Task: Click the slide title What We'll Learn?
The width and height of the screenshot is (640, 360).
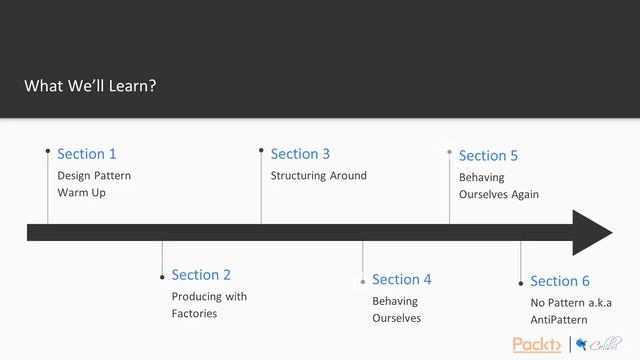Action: [90, 86]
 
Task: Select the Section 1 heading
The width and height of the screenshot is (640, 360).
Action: [87, 154]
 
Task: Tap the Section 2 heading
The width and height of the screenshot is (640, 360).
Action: [201, 275]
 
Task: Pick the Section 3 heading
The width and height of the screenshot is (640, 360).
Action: [300, 154]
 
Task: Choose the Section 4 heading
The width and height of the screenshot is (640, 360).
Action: [402, 280]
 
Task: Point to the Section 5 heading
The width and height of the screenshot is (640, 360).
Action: [488, 156]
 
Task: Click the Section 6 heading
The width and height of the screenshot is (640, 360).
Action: [560, 282]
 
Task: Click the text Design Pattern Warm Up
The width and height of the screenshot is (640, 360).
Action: [94, 184]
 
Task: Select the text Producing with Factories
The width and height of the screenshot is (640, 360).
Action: [209, 305]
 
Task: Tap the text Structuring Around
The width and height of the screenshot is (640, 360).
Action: [319, 176]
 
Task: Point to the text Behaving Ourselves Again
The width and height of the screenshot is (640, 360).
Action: [498, 186]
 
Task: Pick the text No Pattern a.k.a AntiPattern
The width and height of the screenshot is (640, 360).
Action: [571, 311]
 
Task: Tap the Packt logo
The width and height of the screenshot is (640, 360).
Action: [537, 345]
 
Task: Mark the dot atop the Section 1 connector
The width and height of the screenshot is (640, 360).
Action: [48, 151]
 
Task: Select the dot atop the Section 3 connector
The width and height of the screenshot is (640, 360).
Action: [261, 151]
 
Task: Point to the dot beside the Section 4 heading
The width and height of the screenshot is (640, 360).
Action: [363, 282]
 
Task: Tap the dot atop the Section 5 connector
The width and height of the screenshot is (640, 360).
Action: [449, 151]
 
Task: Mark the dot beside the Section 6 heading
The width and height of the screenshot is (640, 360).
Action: [521, 283]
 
